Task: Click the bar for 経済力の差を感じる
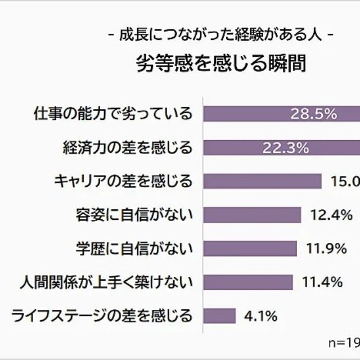(236, 147)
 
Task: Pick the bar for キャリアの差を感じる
(262, 181)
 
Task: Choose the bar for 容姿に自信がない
(251, 214)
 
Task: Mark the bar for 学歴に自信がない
(249, 248)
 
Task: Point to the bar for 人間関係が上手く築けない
(247, 282)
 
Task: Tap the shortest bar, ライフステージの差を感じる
(219, 316)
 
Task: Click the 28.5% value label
(313, 114)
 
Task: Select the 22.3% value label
(285, 148)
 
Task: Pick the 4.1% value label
(260, 316)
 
